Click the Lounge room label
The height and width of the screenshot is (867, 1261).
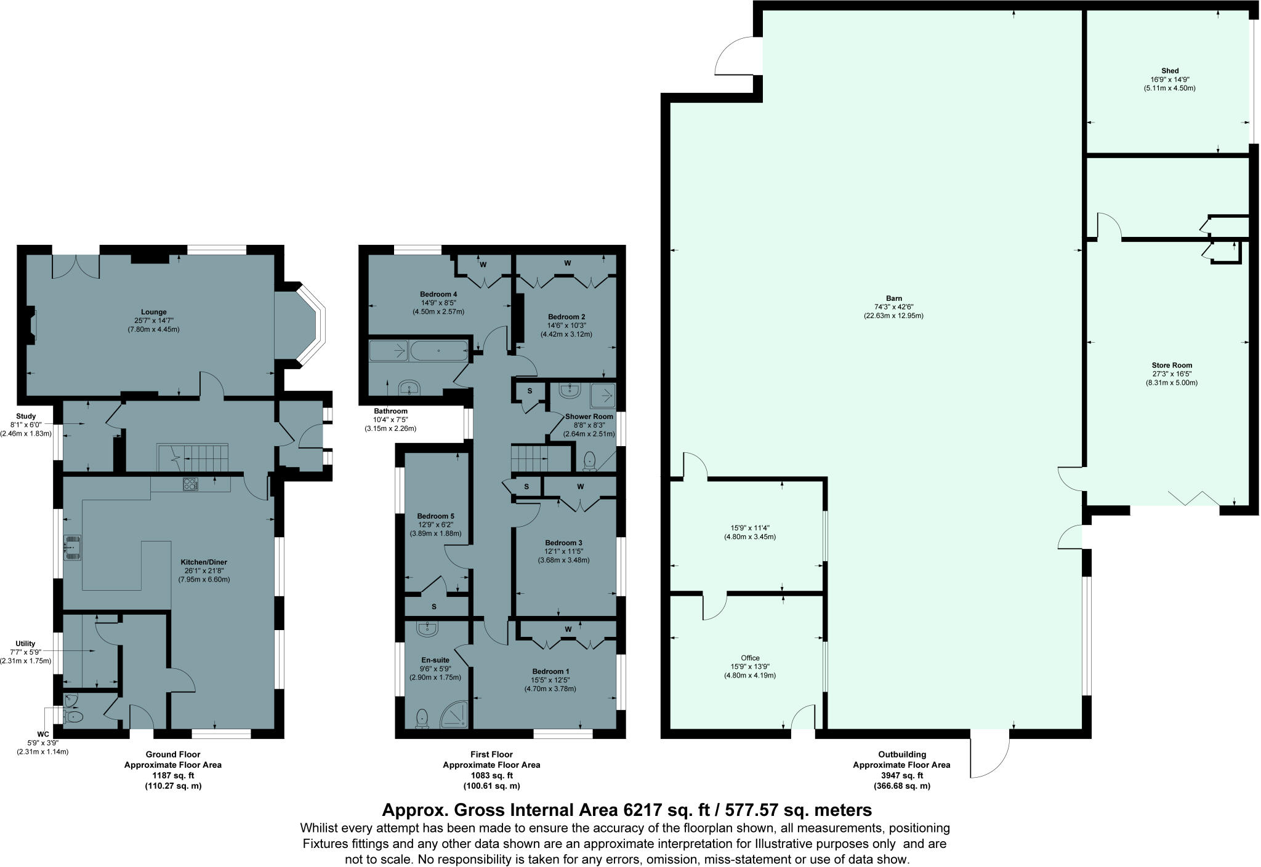(x=154, y=312)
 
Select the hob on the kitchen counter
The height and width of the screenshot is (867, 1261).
(x=190, y=484)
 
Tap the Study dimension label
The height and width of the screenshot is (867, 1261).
(x=26, y=425)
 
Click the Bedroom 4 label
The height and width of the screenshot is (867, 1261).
(x=438, y=294)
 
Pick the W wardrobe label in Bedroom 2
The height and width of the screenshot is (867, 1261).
(x=567, y=263)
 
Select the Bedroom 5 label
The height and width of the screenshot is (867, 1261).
(x=435, y=516)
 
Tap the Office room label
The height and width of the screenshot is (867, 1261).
(x=750, y=658)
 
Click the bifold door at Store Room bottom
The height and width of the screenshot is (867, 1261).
(x=1194, y=497)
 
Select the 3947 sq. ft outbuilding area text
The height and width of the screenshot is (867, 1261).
(x=901, y=775)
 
